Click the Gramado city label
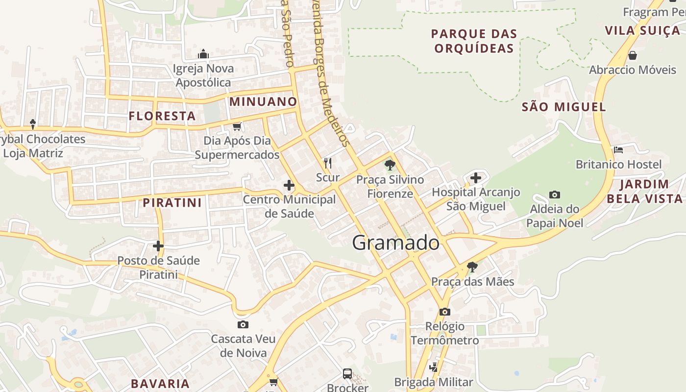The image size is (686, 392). click(395, 243)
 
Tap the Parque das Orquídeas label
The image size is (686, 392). click(474, 41)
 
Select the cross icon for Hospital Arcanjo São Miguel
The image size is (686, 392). click(475, 178)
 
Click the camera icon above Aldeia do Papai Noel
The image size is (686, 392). click(555, 195)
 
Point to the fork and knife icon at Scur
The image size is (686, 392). click(328, 163)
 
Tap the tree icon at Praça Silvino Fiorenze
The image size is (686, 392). click(390, 165)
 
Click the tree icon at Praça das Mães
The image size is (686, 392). click(472, 267)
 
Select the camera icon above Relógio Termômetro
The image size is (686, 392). click(445, 312)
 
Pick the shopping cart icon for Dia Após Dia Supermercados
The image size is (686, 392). click(237, 127)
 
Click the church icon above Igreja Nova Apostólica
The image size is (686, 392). click(203, 54)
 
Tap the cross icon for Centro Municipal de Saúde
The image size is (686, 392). click(289, 185)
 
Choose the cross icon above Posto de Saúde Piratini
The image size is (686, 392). click(158, 246)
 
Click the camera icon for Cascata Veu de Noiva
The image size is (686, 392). click(243, 324)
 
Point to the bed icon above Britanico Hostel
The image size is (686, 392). click(618, 150)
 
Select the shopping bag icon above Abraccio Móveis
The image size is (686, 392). click(633, 55)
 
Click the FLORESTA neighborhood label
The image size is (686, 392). click(162, 116)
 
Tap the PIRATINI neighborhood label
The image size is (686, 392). click(172, 203)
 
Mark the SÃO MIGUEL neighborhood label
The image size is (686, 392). click(564, 107)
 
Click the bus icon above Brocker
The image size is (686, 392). click(347, 374)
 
